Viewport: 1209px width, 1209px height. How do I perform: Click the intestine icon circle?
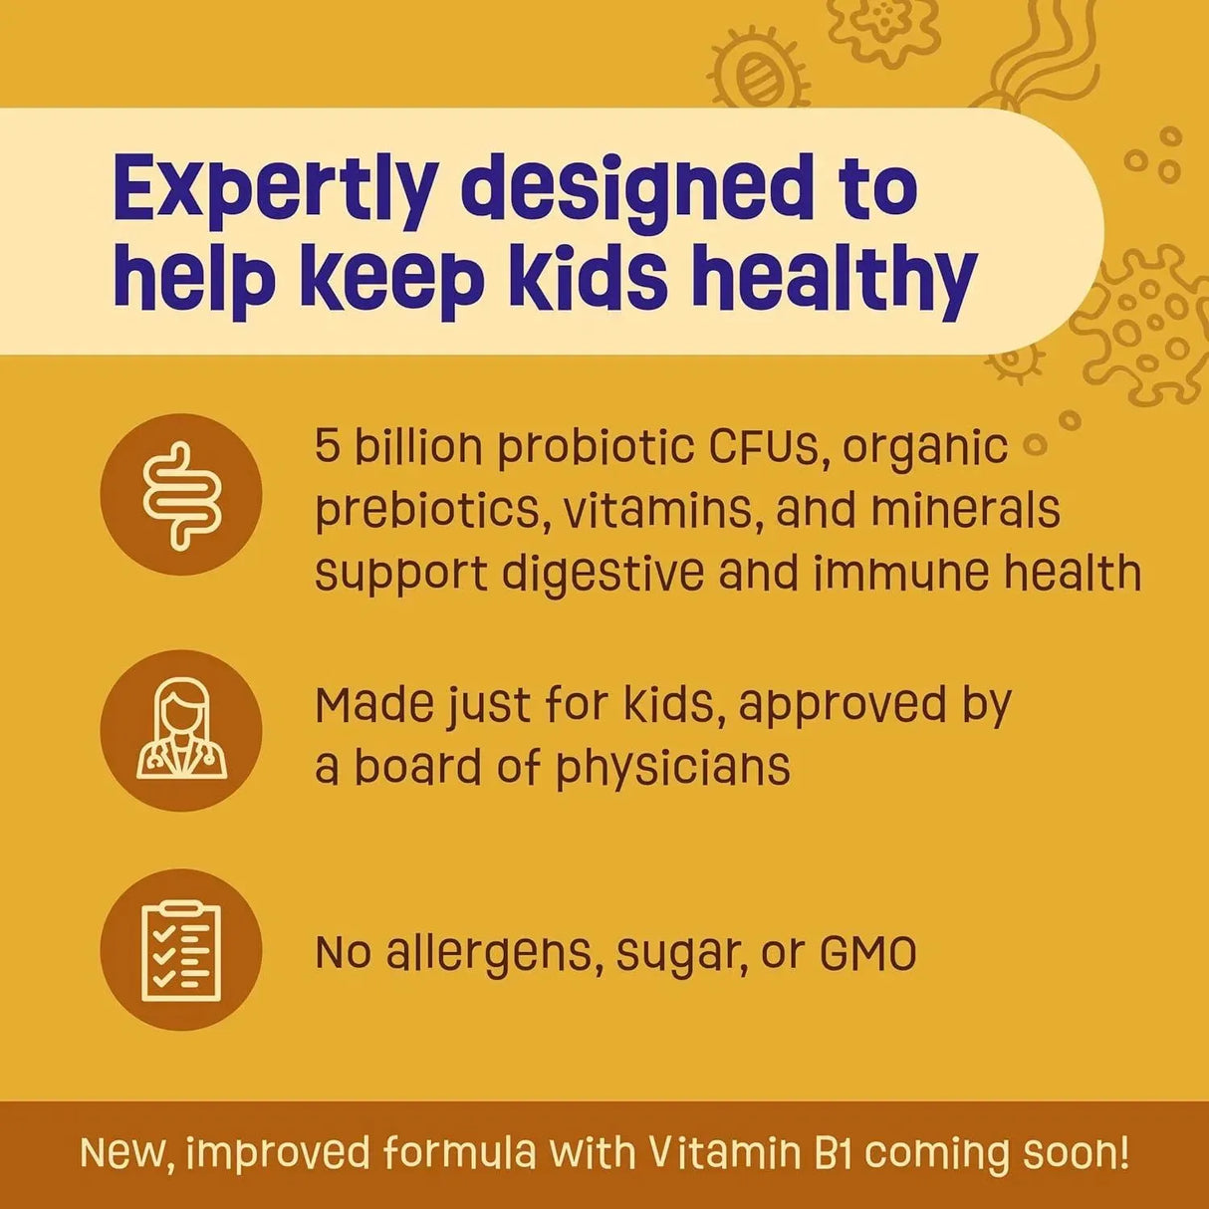click(181, 495)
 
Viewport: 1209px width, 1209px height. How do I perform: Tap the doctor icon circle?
click(181, 730)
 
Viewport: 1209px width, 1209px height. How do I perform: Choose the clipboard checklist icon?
click(181, 949)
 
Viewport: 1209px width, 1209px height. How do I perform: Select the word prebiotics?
click(431, 510)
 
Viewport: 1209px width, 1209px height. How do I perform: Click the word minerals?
click(965, 510)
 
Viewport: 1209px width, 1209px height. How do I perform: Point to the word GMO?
click(867, 953)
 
